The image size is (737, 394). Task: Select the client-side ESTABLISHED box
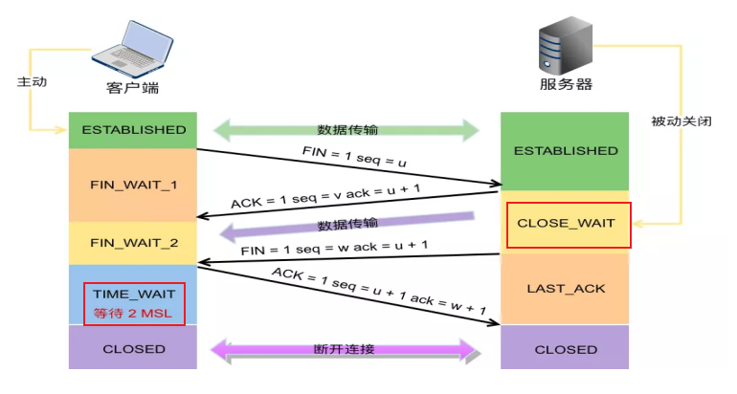click(x=133, y=130)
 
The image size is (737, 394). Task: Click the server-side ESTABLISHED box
click(x=566, y=151)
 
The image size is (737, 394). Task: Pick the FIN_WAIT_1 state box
click(x=133, y=185)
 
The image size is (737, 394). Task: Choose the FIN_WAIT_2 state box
click(x=133, y=243)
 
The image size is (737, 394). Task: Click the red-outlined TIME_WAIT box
click(x=134, y=303)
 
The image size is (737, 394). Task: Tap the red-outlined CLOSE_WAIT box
click(x=569, y=225)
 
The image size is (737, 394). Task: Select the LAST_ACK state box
click(x=566, y=288)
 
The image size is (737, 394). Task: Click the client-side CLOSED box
click(x=133, y=349)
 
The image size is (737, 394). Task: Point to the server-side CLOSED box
click(x=566, y=349)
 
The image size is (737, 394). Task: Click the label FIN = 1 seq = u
click(x=346, y=157)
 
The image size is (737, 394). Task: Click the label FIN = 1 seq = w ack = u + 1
click(x=335, y=248)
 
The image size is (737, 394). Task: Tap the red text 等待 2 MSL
click(x=132, y=313)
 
